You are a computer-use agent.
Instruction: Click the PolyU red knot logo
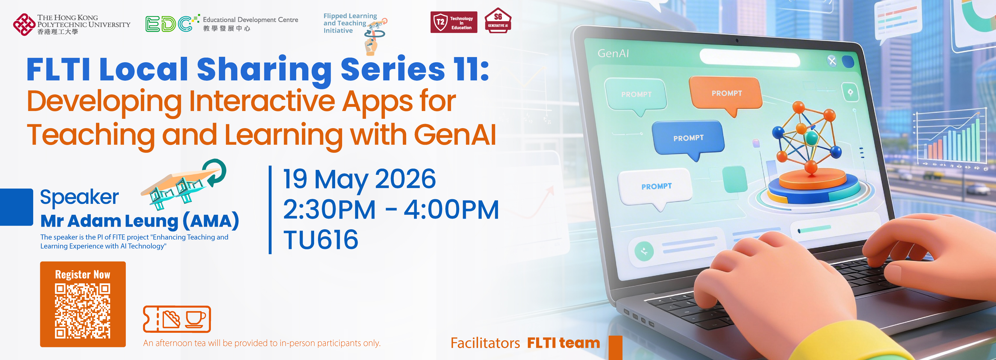click(x=24, y=24)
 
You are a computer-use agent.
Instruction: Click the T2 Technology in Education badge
click(x=454, y=22)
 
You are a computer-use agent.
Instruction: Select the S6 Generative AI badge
click(x=498, y=20)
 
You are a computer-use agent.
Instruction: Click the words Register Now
click(x=82, y=275)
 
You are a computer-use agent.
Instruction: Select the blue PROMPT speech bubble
click(x=688, y=140)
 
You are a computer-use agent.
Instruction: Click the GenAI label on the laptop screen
click(x=613, y=53)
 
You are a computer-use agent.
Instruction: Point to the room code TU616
click(x=321, y=239)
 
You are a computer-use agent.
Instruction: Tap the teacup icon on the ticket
click(x=195, y=319)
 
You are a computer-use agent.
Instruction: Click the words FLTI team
click(x=563, y=343)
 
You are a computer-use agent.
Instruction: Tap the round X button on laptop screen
click(x=832, y=61)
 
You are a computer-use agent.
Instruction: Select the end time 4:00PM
click(x=451, y=210)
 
